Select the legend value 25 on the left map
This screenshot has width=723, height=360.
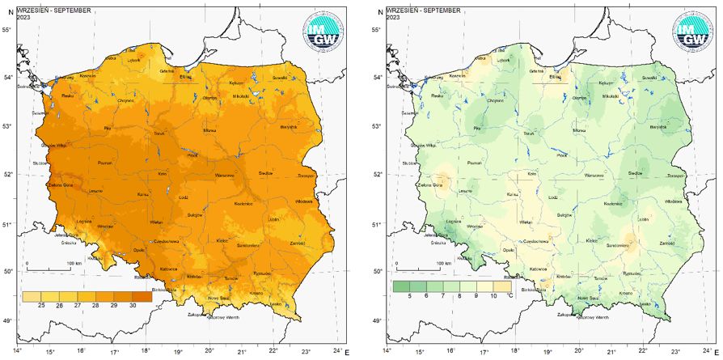[39, 305]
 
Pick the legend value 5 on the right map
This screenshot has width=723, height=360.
[409, 297]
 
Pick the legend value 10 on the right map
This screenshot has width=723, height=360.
[493, 297]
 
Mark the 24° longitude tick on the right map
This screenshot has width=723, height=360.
[706, 352]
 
